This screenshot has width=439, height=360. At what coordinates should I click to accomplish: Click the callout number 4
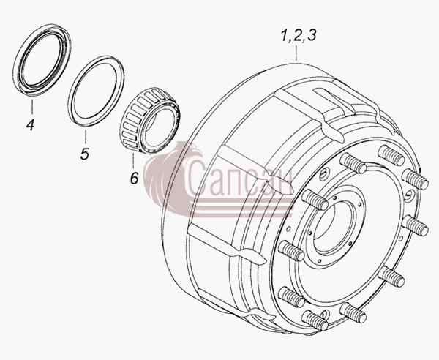pos(30,124)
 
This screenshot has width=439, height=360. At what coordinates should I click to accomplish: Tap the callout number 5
pos(85,154)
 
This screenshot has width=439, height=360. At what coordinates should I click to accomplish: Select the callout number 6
pos(135,178)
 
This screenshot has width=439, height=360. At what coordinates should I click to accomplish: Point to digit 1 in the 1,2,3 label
pos(285,36)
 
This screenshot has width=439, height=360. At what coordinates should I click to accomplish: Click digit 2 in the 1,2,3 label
pos(297,36)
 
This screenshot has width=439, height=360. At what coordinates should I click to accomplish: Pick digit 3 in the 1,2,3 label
pos(311,36)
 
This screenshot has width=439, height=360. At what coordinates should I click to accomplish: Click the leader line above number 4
pos(31,107)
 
